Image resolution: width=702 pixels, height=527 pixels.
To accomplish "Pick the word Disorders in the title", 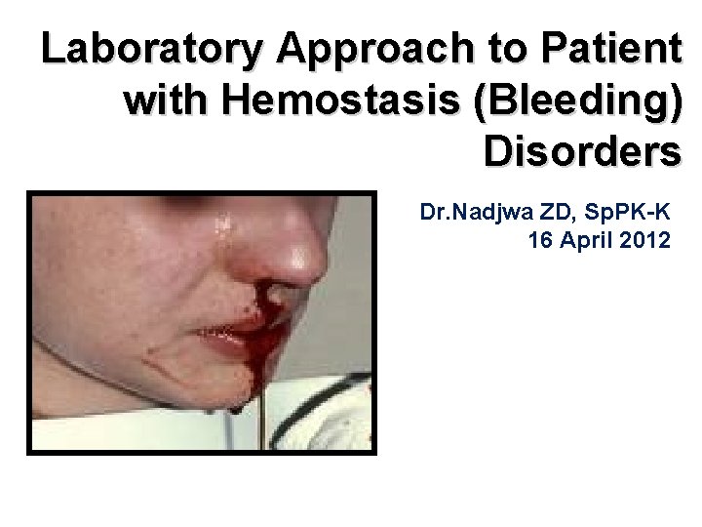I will pyautogui.click(x=581, y=151).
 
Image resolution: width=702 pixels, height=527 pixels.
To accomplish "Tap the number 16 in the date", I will pyautogui.click(x=540, y=239).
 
